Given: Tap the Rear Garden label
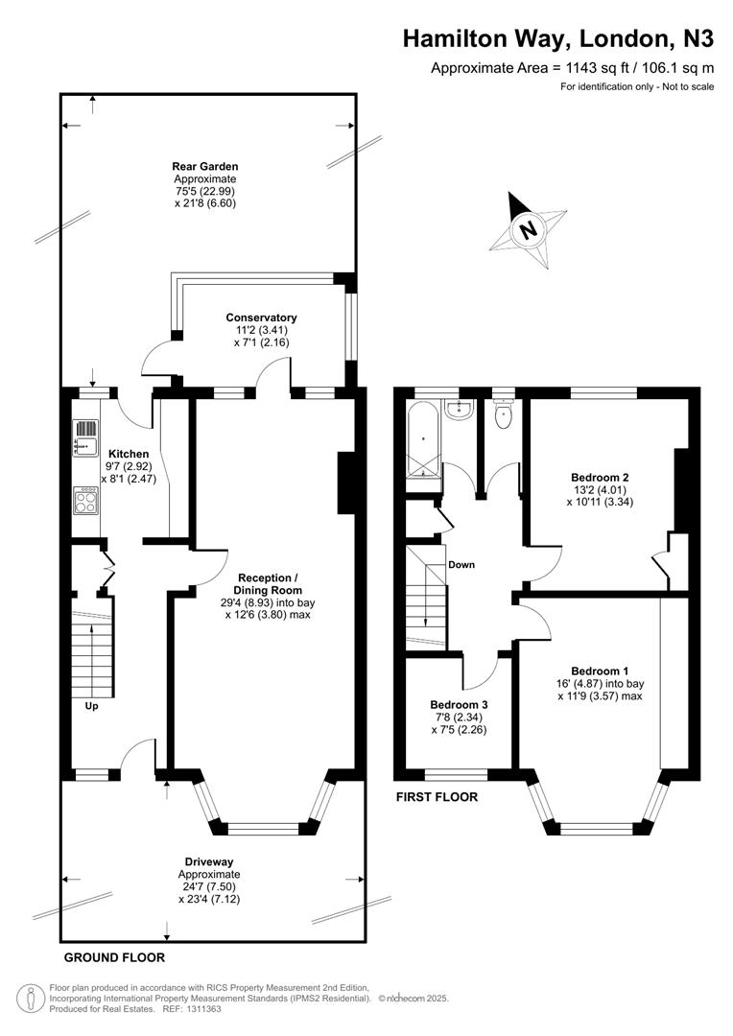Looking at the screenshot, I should click(204, 166).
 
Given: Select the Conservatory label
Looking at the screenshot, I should click(261, 318).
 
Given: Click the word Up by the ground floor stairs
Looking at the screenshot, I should click(92, 706).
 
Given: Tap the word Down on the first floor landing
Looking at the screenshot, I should click(461, 564).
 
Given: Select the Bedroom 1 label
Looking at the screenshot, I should click(600, 671).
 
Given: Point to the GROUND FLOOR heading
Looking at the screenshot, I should click(114, 957).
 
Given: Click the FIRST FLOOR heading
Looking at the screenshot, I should click(437, 796).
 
